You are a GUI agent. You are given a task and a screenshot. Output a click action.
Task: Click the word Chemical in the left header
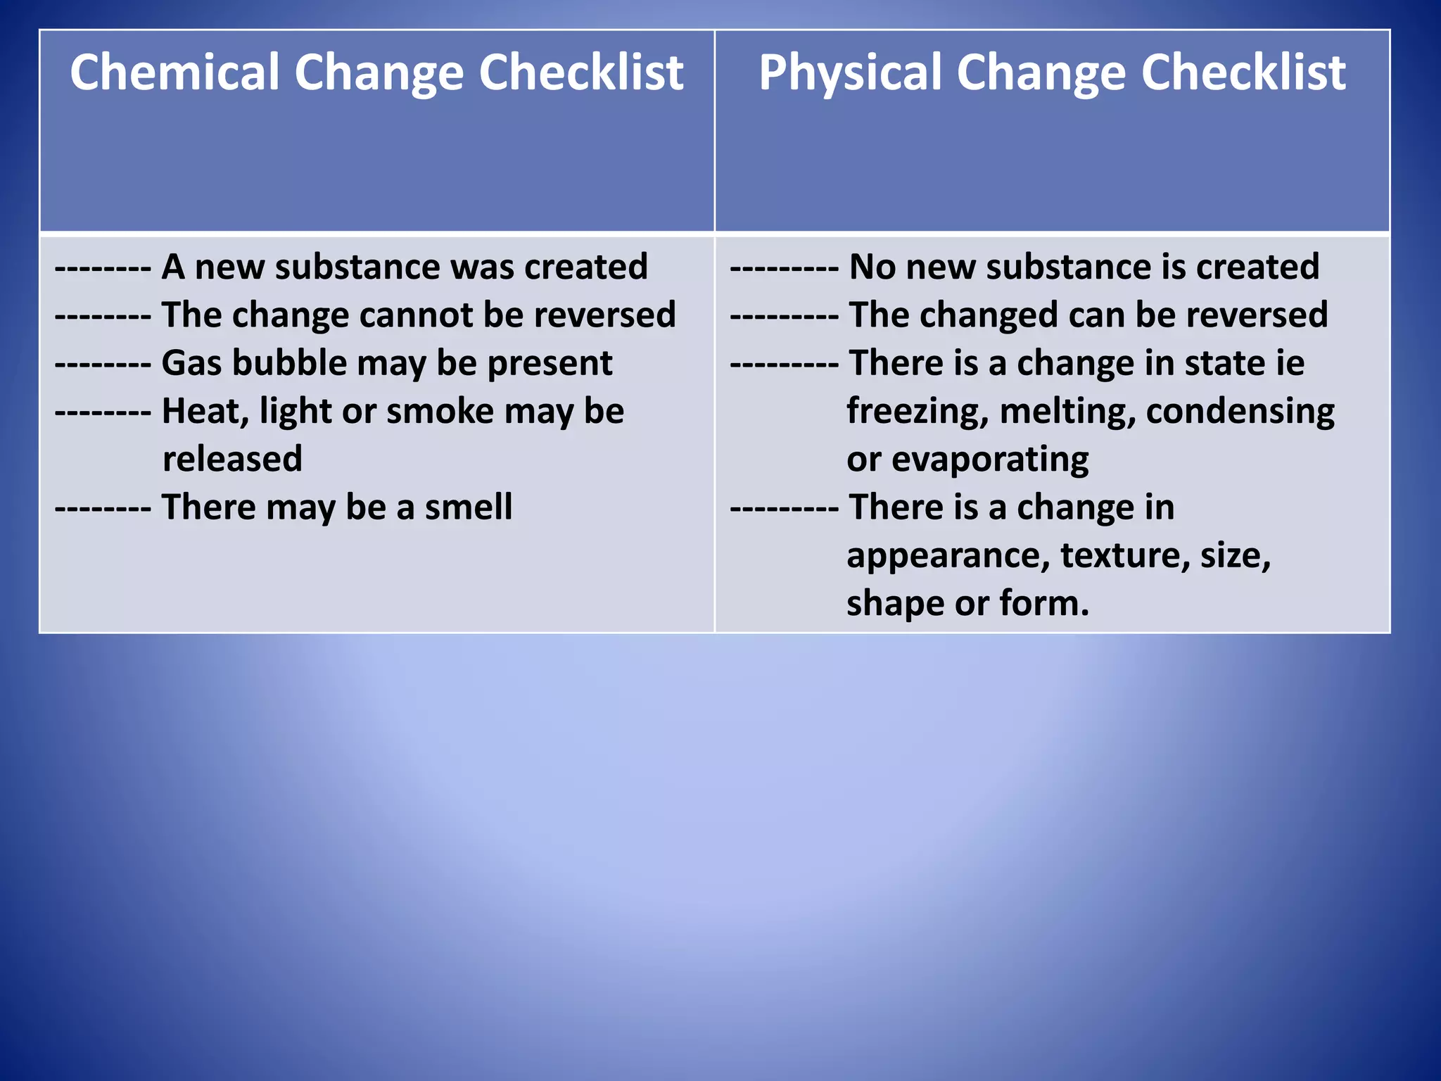click(174, 72)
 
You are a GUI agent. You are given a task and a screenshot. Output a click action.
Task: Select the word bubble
click(289, 363)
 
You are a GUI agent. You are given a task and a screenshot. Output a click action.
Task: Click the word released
click(232, 459)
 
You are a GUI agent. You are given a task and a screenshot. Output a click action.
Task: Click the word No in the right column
click(872, 267)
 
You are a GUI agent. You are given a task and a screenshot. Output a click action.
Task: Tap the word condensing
click(1240, 412)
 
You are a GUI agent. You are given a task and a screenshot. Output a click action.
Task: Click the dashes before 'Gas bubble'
click(103, 364)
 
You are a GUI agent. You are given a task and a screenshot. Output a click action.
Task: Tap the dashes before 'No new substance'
click(784, 267)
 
